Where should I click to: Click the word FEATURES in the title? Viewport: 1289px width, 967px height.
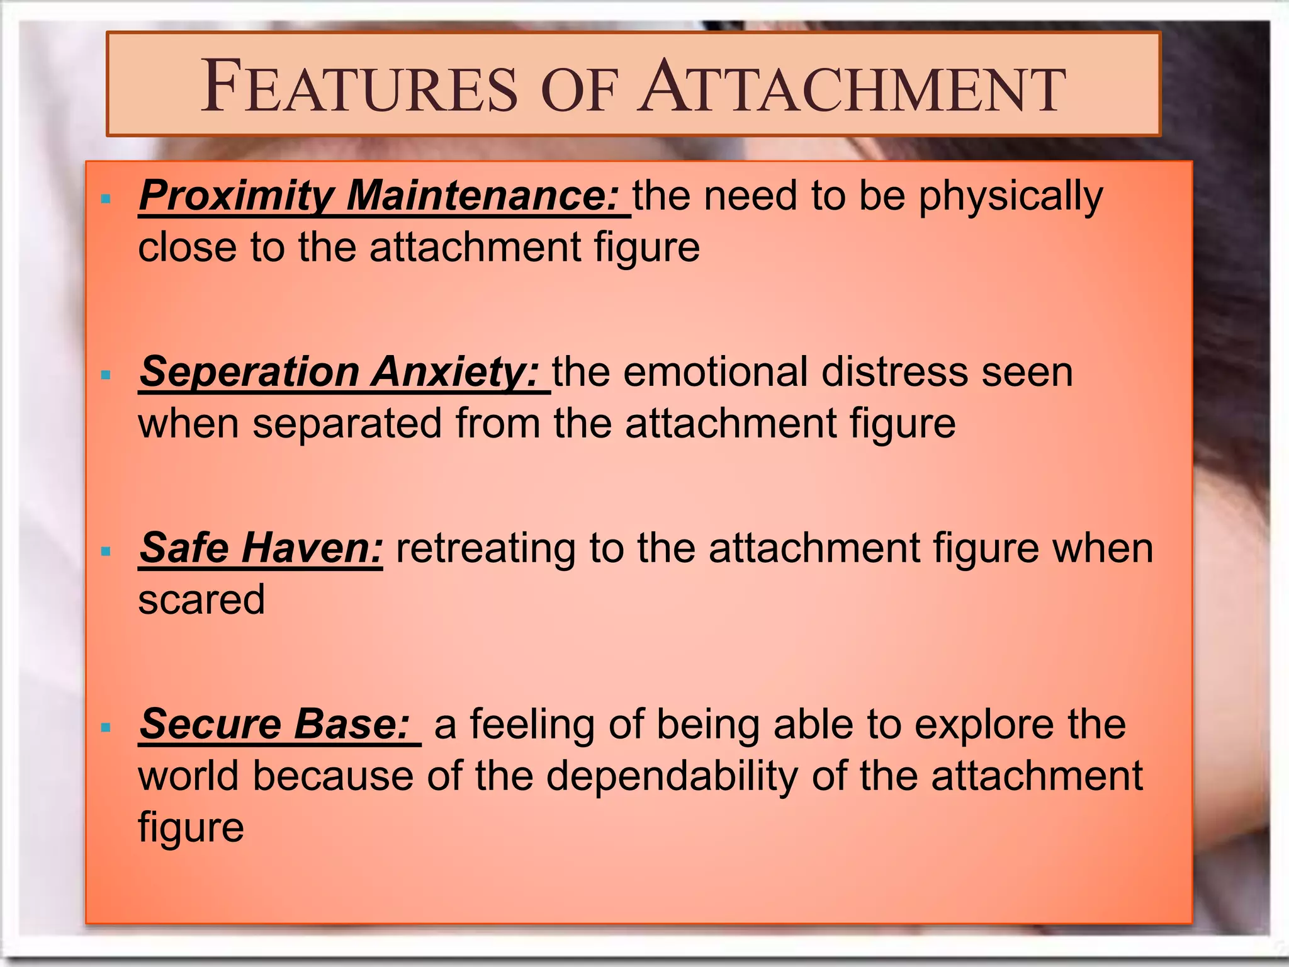[359, 86]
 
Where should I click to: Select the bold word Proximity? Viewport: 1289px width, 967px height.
[235, 196]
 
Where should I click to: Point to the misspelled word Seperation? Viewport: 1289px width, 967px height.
[249, 371]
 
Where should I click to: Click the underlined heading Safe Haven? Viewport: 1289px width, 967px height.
[261, 548]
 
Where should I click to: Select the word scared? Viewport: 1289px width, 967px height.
[201, 599]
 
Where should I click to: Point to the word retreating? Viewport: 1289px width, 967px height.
[485, 548]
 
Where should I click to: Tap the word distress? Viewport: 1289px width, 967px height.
[894, 371]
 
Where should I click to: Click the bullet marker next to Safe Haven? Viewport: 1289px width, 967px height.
[106, 551]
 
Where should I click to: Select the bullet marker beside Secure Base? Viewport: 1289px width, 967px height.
[106, 728]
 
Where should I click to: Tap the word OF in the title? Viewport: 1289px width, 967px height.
[578, 91]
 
